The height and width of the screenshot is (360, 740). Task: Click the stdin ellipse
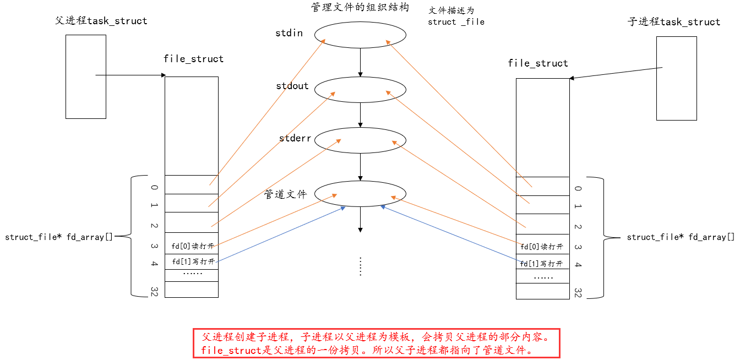coord(360,35)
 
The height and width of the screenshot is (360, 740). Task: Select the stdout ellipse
coord(360,89)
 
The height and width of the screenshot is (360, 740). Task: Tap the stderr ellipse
coord(360,140)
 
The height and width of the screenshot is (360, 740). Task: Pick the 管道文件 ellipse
coord(360,193)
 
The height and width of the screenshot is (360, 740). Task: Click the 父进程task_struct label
coord(101,21)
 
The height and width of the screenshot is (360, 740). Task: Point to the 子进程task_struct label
coord(674,22)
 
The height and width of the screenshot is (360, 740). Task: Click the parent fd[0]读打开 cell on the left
coord(192,246)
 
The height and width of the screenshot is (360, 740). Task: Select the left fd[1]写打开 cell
coord(192,261)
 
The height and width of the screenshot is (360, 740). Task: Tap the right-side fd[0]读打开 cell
coord(542,247)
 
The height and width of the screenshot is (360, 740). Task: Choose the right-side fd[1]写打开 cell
coord(542,264)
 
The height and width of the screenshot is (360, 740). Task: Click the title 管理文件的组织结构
coord(360,7)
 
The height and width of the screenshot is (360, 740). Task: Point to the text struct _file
coord(456,22)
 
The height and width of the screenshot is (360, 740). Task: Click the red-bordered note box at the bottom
coord(376,343)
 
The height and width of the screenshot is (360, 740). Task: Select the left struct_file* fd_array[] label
coord(58,237)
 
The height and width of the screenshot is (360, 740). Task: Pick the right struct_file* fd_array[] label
coord(681,237)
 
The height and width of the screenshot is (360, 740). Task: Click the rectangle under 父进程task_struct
coord(85,77)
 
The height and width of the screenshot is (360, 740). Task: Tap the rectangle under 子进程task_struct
coord(676,78)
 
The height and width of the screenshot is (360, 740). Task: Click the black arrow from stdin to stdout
coord(360,62)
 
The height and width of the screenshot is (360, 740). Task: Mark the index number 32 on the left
coord(154,291)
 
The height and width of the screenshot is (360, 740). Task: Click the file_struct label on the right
coord(537,63)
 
